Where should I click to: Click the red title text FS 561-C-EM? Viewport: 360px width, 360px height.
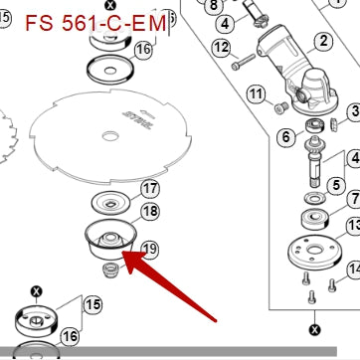[x=95, y=23]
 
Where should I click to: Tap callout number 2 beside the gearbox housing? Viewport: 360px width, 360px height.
[x=323, y=41]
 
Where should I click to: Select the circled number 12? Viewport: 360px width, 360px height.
[x=222, y=48]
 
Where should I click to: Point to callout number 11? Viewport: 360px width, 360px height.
[x=257, y=94]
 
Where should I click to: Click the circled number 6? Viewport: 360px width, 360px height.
[x=285, y=136]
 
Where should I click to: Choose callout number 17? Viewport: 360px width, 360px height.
[x=150, y=189]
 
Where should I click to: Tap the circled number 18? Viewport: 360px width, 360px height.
[x=150, y=211]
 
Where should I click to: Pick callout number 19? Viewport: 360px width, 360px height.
[x=150, y=249]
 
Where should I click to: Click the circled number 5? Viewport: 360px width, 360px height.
[x=336, y=185]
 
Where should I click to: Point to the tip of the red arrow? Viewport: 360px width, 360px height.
[x=122, y=253]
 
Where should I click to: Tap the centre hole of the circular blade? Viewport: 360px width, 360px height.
[x=110, y=136]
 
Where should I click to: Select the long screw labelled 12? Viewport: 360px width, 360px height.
[x=244, y=62]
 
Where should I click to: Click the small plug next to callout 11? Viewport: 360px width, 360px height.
[x=280, y=108]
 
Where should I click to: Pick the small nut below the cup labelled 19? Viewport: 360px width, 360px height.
[x=111, y=270]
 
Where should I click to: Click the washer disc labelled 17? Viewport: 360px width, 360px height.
[x=110, y=203]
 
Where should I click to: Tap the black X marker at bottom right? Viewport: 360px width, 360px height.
[x=314, y=330]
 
